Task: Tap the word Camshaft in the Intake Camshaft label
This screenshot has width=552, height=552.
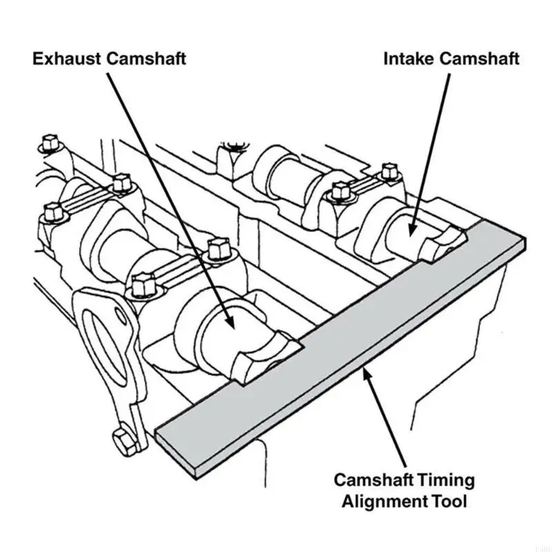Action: click(480, 59)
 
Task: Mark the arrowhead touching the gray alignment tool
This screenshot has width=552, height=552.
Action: click(366, 373)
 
